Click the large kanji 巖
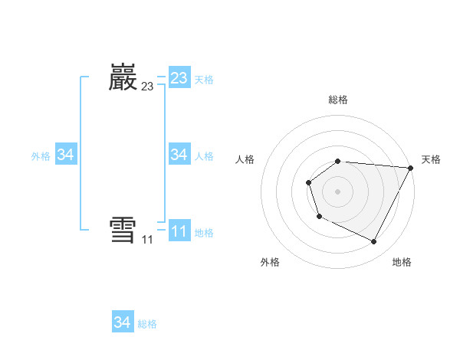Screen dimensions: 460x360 123,78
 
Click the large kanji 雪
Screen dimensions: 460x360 123,231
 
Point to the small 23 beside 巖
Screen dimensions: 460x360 147,87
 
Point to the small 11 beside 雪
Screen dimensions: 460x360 147,240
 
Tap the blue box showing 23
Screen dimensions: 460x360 179,78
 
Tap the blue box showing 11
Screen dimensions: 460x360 179,231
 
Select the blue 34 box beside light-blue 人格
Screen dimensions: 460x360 179,155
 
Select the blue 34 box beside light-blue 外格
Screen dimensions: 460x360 66,155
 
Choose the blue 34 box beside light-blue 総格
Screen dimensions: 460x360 123,322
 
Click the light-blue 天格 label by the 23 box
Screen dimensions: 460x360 204,80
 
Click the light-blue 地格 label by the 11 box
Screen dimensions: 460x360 204,233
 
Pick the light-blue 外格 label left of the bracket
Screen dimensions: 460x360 41,156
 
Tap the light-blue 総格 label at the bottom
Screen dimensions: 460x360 147,324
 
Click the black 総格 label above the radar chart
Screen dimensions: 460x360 338,100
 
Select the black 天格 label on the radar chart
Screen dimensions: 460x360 431,159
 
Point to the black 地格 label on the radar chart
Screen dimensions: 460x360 402,262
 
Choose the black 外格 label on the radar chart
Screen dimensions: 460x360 270,262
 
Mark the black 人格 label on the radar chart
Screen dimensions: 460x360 245,159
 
